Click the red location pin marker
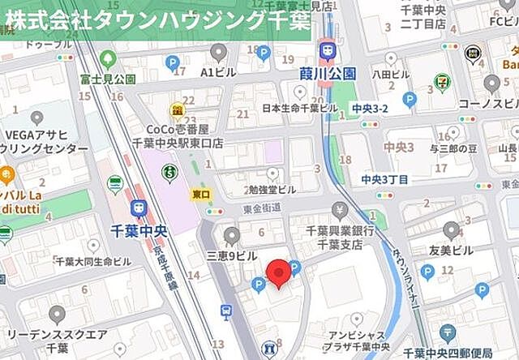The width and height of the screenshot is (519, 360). pos(279,272)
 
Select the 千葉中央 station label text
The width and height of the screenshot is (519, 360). pos(138,230)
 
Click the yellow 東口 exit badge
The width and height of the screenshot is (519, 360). pos(201,195)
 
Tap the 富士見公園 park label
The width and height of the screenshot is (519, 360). pos(108,79)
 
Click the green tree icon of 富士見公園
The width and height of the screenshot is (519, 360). pos(108,60)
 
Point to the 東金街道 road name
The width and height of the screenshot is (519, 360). pos(261,208)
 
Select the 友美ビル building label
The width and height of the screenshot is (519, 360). pos(451,251)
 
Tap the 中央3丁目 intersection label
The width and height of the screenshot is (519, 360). pos(385,179)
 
